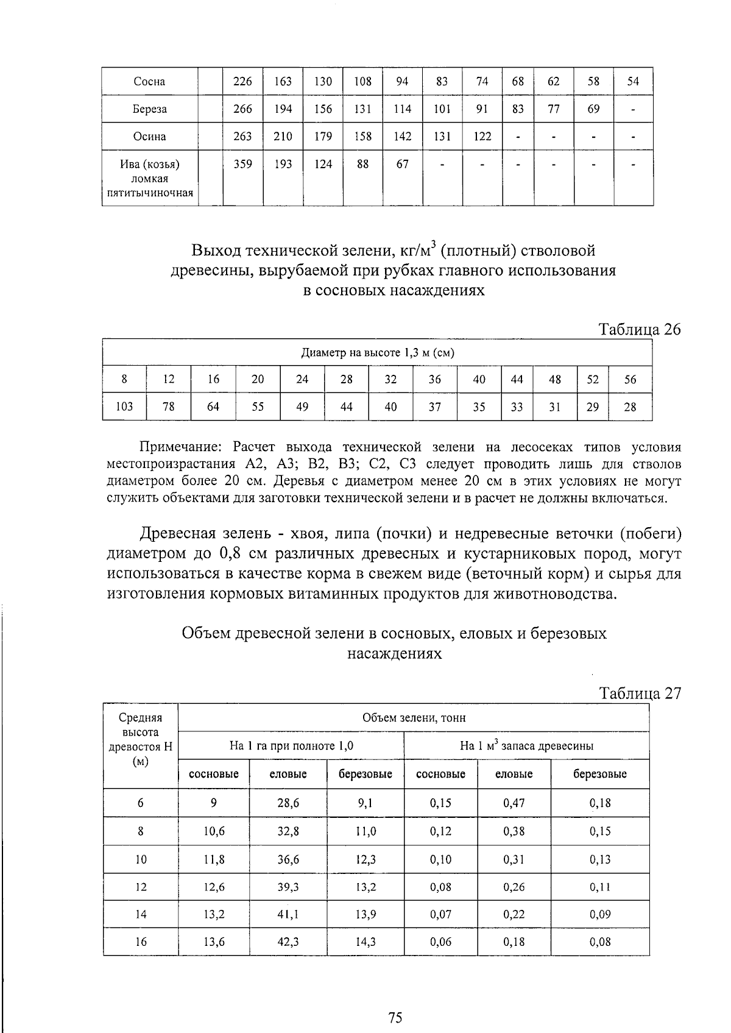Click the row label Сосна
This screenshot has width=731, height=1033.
pyautogui.click(x=149, y=82)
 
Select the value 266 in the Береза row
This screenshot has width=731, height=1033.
pyautogui.click(x=242, y=109)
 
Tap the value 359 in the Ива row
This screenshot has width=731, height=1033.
pyautogui.click(x=242, y=164)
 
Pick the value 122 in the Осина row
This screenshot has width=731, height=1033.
pyautogui.click(x=482, y=137)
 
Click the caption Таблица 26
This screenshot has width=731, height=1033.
pyautogui.click(x=640, y=330)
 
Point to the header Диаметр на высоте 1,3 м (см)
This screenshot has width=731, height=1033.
pyautogui.click(x=378, y=353)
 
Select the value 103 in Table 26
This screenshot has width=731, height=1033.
pyautogui.click(x=124, y=406)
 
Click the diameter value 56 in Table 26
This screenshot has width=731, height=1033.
pyautogui.click(x=630, y=380)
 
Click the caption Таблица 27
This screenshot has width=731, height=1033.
pyautogui.click(x=640, y=694)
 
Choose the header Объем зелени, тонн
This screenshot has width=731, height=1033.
pyautogui.click(x=414, y=718)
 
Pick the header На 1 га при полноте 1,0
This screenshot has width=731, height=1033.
pyautogui.click(x=291, y=746)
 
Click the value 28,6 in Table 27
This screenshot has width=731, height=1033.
pyautogui.click(x=288, y=803)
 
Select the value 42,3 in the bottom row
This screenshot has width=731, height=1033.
pyautogui.click(x=288, y=942)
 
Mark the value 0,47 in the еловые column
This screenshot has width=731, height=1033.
pyautogui.click(x=514, y=803)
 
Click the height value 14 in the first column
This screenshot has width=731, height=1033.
pyautogui.click(x=141, y=914)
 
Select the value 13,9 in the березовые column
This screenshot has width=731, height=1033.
pyautogui.click(x=365, y=914)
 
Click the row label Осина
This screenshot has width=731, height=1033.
pyautogui.click(x=149, y=137)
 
